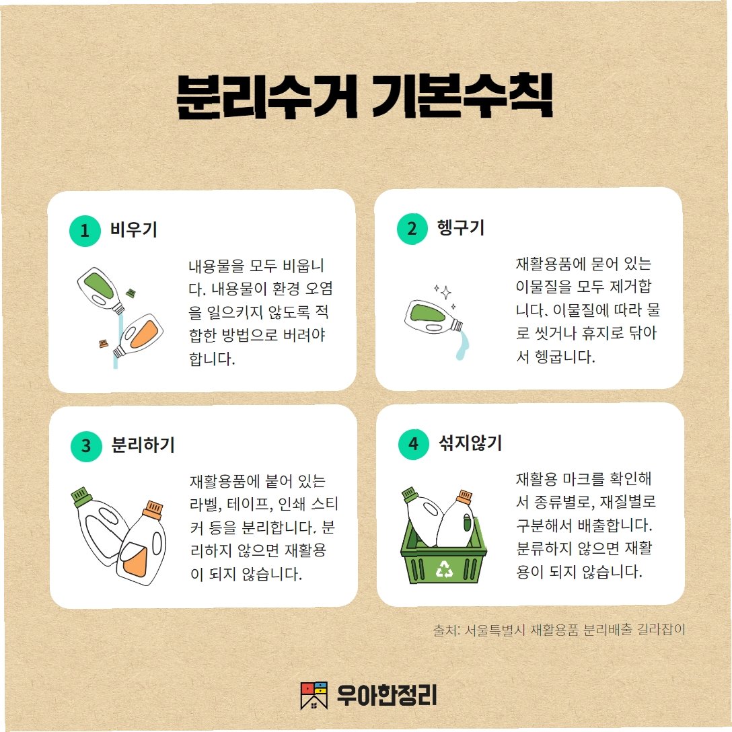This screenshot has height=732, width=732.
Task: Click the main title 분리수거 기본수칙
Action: coord(365,96)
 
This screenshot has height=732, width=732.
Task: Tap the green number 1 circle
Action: coord(85,231)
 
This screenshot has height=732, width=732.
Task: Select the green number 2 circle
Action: coord(412,229)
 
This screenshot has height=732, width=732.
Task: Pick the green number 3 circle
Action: coord(86,446)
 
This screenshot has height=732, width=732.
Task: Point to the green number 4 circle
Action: coord(414,444)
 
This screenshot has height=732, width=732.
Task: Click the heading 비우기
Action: coord(134,229)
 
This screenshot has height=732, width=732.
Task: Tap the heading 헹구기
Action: coord(461,228)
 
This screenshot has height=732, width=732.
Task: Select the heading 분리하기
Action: coord(143,445)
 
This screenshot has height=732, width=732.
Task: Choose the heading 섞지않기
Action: coord(470,443)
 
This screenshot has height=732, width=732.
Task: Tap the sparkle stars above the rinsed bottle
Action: coord(445,296)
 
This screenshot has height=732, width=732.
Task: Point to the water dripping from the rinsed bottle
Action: coord(462,344)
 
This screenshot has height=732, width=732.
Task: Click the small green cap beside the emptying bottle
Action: coord(131,292)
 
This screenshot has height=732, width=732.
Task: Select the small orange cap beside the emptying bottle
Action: coord(104,344)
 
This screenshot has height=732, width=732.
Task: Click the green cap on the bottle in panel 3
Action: coord(81,497)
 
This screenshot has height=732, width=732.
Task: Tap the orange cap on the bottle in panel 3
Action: coord(153,509)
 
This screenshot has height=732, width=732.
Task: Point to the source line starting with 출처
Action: coord(559,630)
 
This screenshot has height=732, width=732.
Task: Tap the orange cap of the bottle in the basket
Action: coord(464,497)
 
